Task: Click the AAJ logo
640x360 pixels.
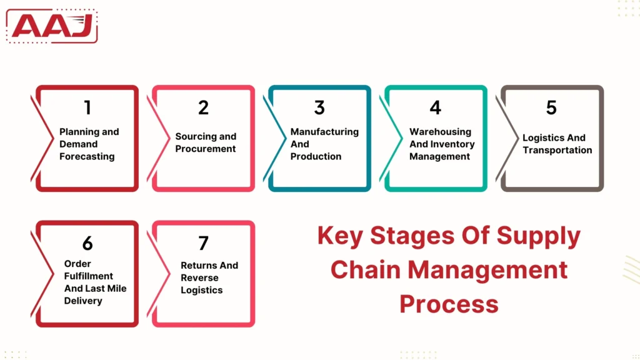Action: tap(52, 26)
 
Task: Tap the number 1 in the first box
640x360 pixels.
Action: tap(87, 107)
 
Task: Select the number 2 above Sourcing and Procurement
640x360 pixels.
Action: tap(203, 107)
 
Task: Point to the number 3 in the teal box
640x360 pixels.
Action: tap(319, 107)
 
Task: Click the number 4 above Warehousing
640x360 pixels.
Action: tap(436, 107)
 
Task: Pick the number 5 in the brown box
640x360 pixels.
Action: tap(551, 107)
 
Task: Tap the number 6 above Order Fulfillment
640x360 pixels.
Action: tap(87, 242)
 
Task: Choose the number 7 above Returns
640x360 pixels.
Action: tap(203, 242)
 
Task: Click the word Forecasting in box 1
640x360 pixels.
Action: tap(87, 157)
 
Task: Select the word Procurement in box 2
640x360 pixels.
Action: tap(206, 149)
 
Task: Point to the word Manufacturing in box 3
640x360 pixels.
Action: tap(324, 132)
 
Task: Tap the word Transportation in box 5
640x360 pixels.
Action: tap(557, 150)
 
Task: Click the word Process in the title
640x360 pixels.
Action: tap(449, 304)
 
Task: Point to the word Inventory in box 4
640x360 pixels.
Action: tap(451, 144)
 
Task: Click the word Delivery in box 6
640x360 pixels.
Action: tap(83, 301)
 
